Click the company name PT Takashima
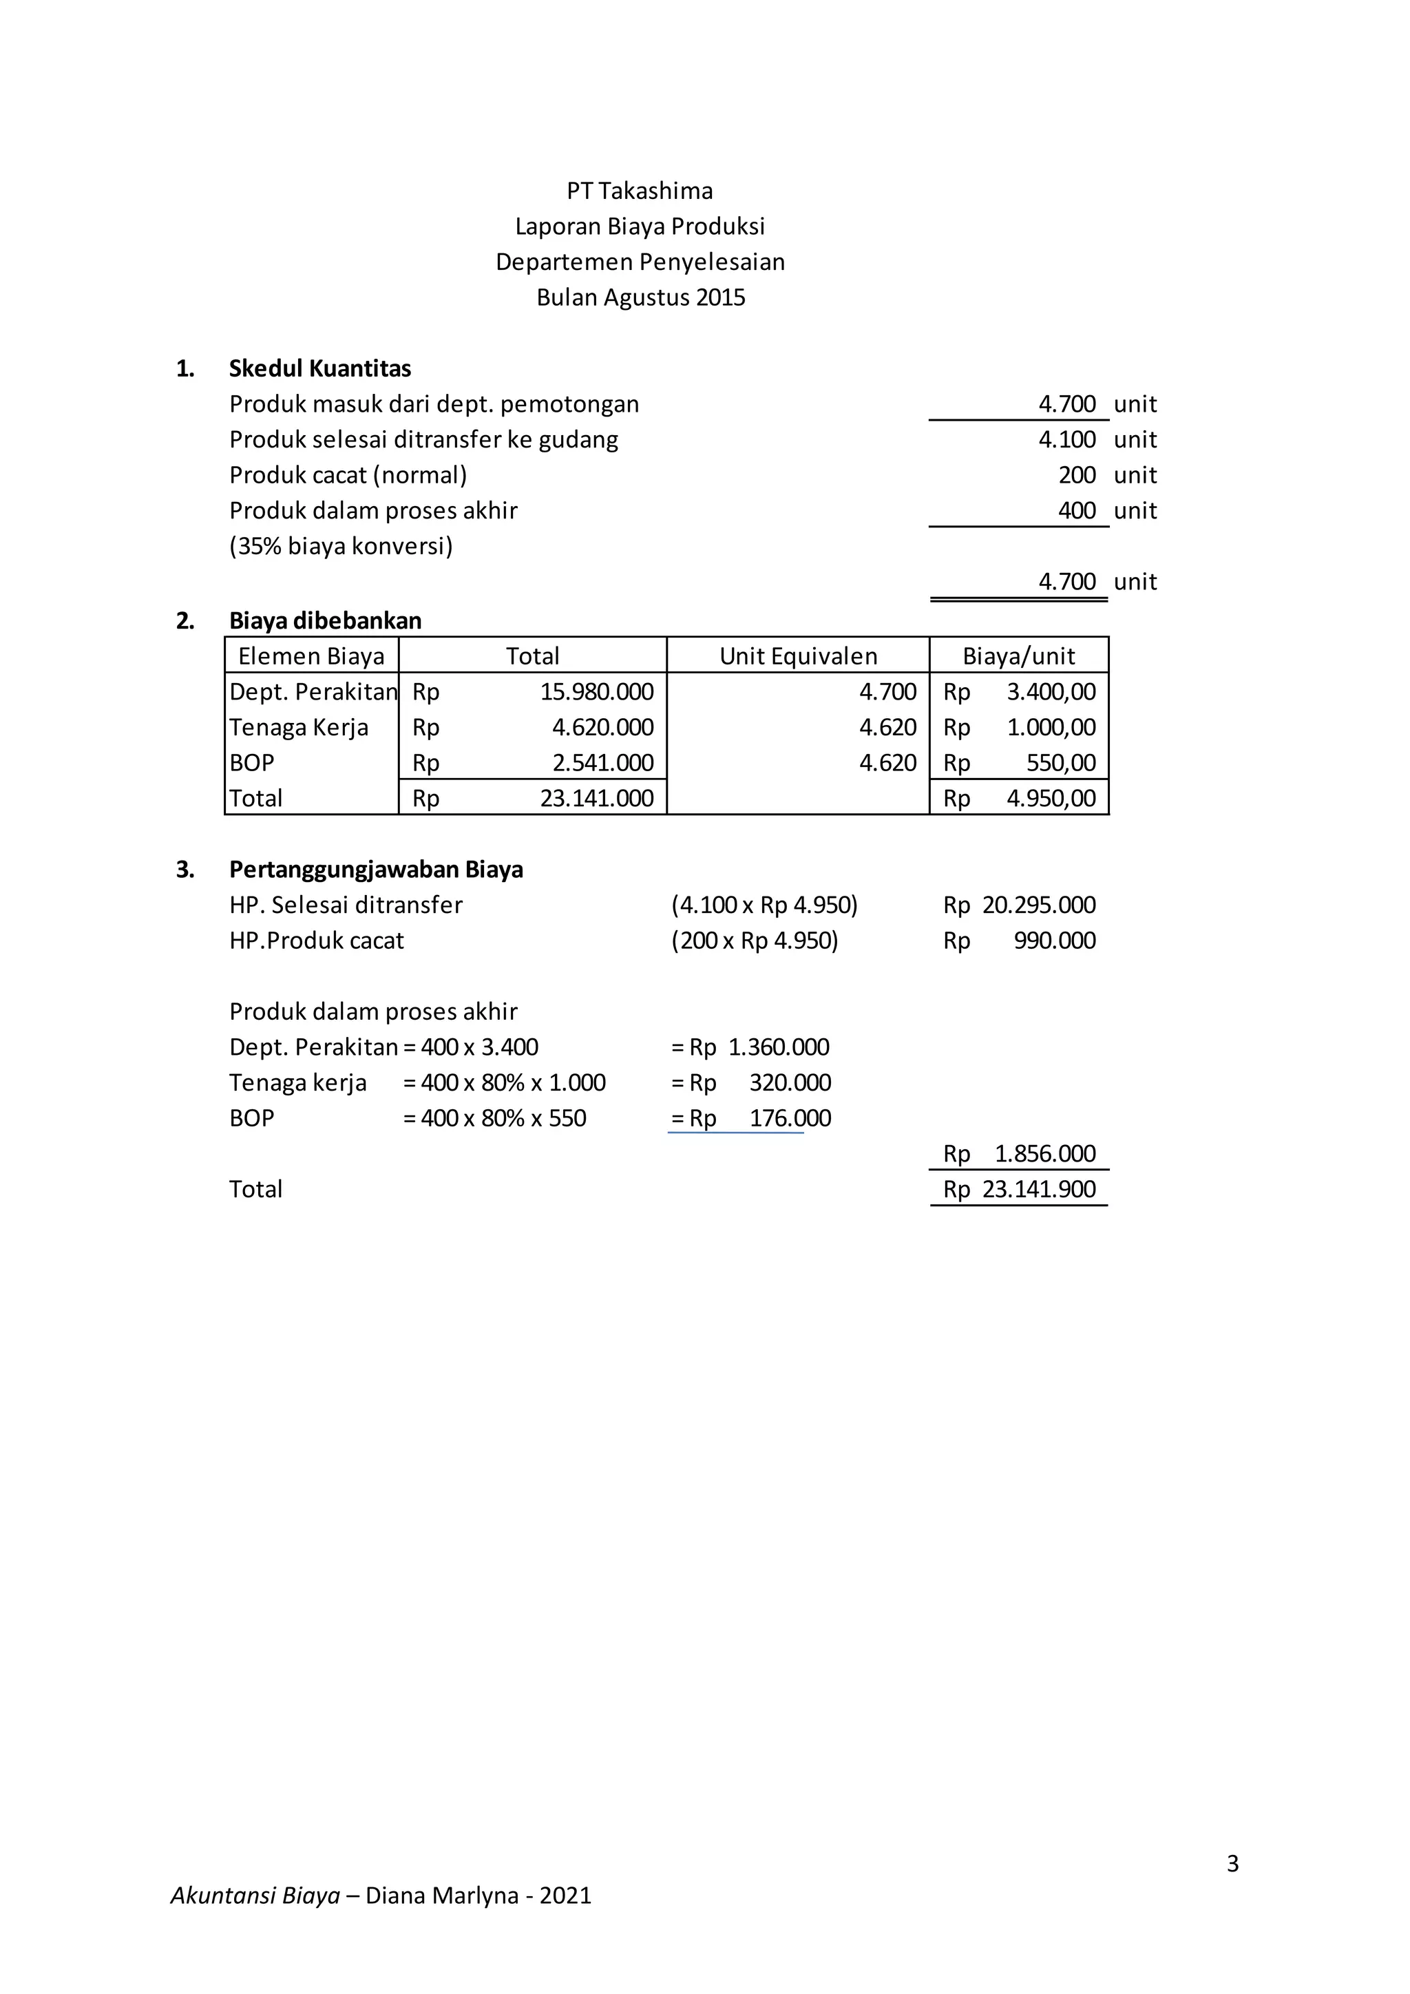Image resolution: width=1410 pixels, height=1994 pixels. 640,191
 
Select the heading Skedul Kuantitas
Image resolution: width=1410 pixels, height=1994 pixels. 319,368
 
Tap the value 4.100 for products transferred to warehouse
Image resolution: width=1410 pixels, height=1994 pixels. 1067,439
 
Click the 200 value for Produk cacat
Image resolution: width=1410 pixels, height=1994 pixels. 1077,475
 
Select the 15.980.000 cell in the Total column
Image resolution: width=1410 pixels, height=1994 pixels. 596,692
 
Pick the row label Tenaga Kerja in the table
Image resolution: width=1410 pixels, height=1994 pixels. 299,728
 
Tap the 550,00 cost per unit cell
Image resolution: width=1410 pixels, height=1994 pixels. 1061,764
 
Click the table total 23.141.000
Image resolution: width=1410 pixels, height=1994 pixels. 596,798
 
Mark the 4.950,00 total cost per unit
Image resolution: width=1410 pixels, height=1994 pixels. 1051,798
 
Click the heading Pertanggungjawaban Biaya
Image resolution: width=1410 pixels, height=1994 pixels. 376,870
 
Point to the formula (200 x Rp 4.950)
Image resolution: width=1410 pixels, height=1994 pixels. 755,941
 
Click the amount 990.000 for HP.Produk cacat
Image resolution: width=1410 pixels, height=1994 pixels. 1054,941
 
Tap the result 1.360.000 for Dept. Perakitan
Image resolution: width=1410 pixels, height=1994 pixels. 778,1047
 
